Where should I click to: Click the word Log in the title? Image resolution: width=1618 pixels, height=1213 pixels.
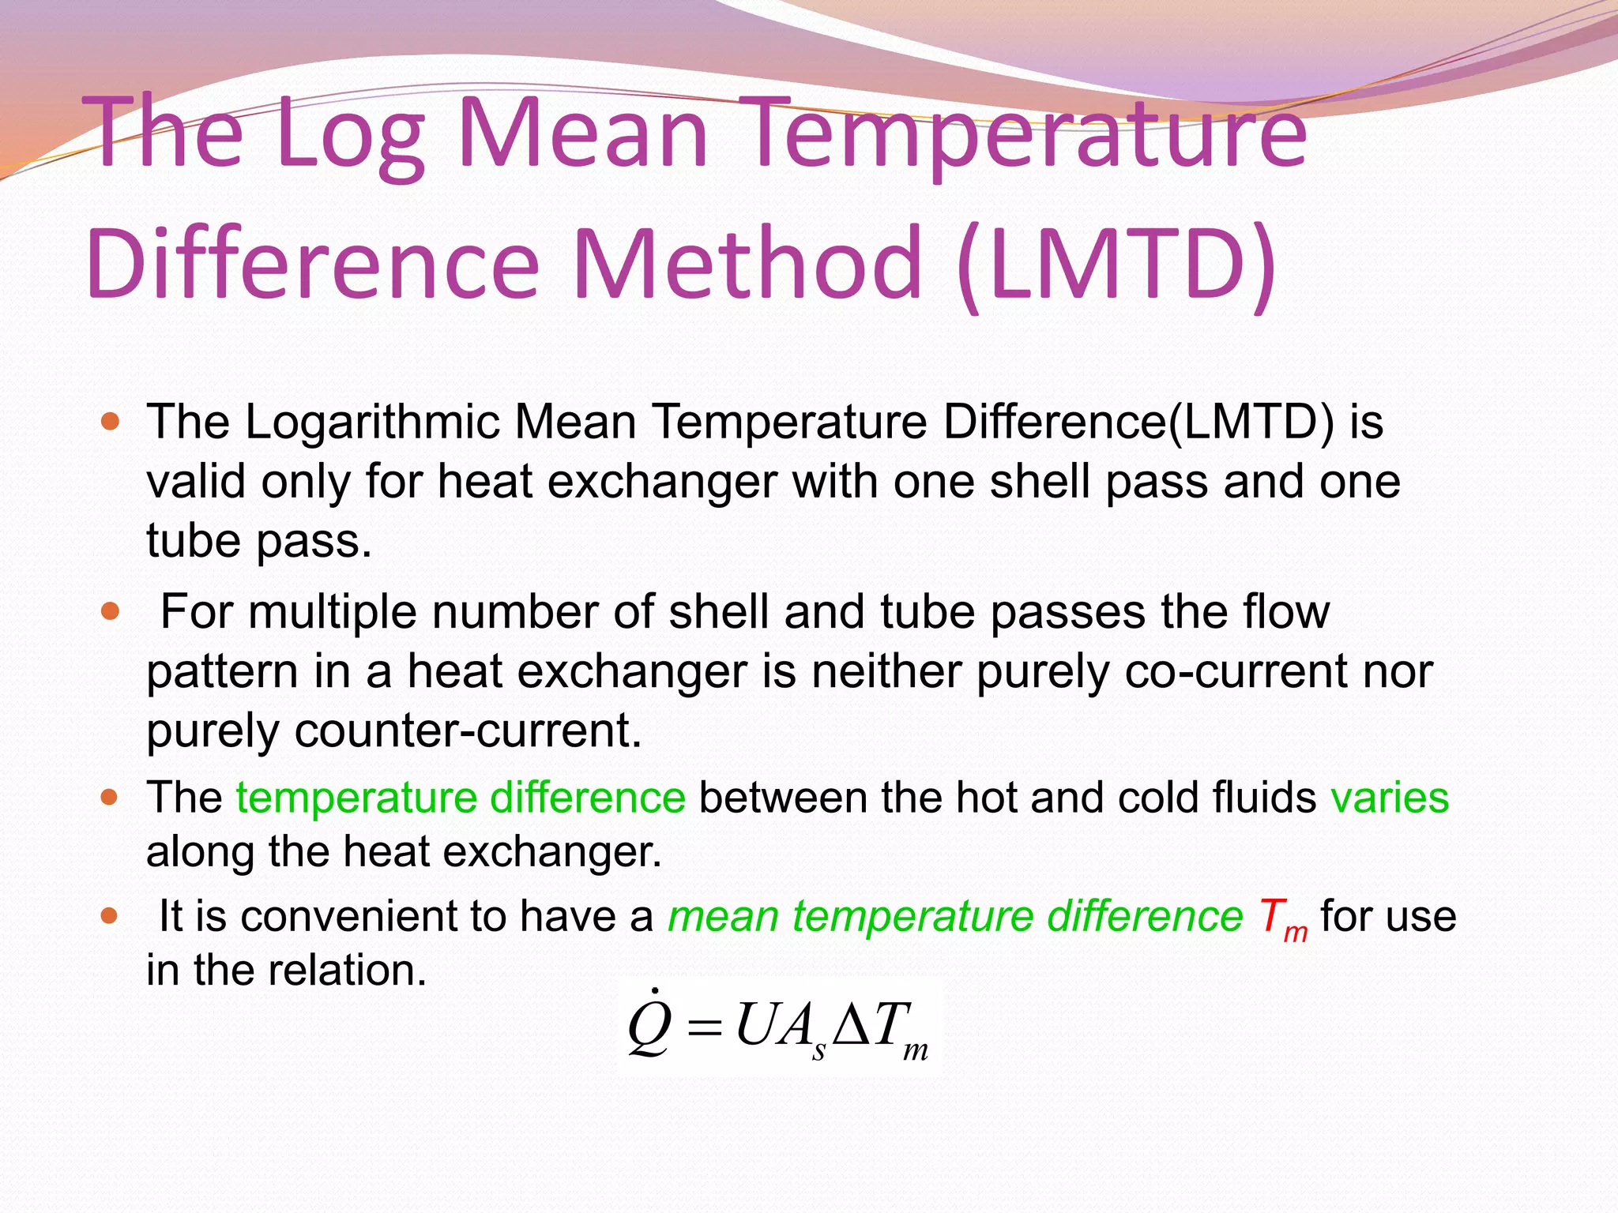tap(351, 134)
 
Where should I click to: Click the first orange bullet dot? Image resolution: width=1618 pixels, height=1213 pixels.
tap(111, 422)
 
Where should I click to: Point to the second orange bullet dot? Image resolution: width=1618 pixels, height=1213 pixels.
tap(111, 611)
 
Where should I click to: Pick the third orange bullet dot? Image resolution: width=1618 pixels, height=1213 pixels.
tap(111, 798)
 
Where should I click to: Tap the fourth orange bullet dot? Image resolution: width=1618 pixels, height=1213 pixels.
tap(111, 916)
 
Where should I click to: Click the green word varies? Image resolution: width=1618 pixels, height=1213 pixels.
tap(1390, 798)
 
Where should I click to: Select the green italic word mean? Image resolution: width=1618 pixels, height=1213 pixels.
tap(724, 917)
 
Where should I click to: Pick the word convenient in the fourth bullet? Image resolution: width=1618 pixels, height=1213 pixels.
tap(348, 917)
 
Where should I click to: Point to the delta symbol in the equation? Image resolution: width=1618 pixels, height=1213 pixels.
tap(852, 1027)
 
